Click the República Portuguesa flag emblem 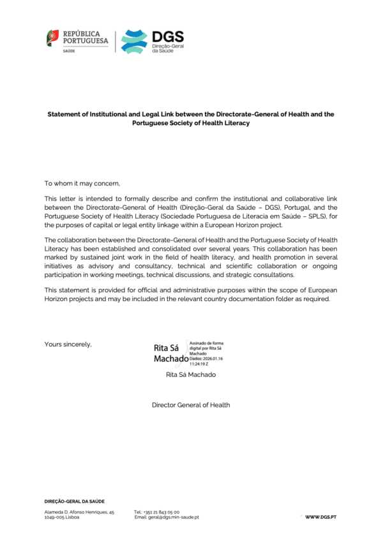point(52,38)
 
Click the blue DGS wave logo point(133,41)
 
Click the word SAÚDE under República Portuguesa point(68,50)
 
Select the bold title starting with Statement point(191,118)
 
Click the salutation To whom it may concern point(82,183)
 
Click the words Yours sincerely point(68,344)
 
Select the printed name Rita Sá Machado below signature point(191,374)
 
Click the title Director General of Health point(191,404)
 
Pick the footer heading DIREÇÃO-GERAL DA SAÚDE point(74,501)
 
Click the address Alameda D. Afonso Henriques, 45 point(79,512)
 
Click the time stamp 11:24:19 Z point(201,364)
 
